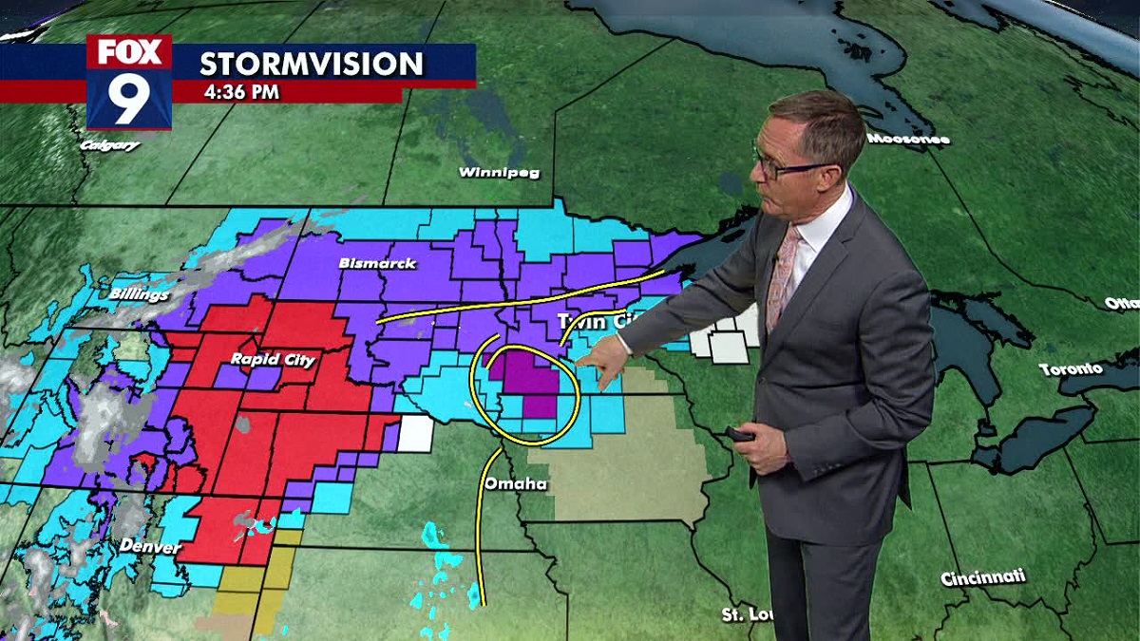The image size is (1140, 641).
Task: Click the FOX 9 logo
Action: [x=129, y=83]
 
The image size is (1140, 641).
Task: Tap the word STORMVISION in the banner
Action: [x=311, y=64]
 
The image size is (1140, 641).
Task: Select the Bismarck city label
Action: [x=377, y=263]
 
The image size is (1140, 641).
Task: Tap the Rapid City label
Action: [x=273, y=360]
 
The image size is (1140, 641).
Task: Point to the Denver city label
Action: [x=149, y=547]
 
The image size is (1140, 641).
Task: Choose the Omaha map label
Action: [x=515, y=484]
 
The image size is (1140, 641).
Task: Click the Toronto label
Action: [x=1070, y=368]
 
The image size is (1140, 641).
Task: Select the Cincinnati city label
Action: [x=983, y=577]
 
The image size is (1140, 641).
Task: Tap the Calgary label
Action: [x=110, y=145]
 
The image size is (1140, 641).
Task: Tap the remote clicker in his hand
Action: [x=740, y=435]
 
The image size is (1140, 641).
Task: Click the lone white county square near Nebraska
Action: [x=414, y=433]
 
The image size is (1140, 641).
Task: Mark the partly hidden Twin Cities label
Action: [x=593, y=321]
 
